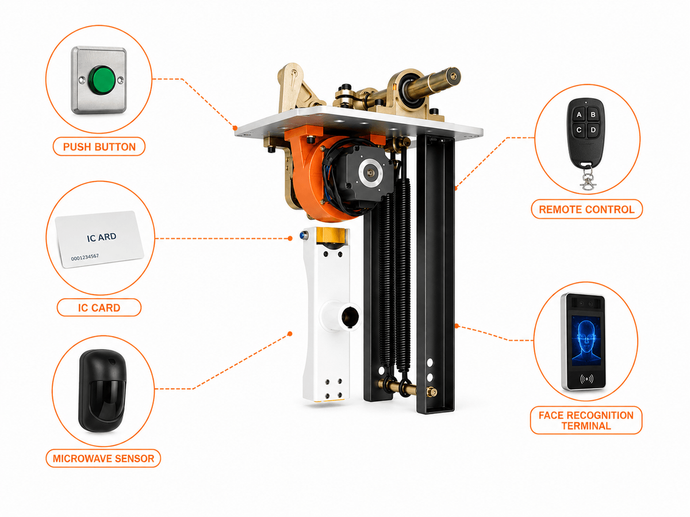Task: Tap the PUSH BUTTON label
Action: tap(99, 146)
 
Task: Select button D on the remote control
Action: tap(593, 130)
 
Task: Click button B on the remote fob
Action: tap(593, 114)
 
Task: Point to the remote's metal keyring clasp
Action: tap(588, 179)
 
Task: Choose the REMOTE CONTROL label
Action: tap(586, 209)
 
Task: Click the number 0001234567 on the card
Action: tap(85, 257)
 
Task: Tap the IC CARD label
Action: tap(99, 308)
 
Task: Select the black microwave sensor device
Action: tap(102, 390)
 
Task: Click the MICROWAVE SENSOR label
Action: tap(103, 458)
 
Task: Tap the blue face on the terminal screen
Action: tap(586, 341)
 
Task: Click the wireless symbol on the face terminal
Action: tap(586, 379)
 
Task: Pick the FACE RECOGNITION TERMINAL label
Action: tap(586, 420)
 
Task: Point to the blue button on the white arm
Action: tap(304, 234)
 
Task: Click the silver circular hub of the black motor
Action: tap(372, 172)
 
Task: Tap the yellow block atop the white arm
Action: tap(332, 235)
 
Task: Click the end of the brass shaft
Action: tap(453, 76)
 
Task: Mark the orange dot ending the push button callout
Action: tap(235, 128)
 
